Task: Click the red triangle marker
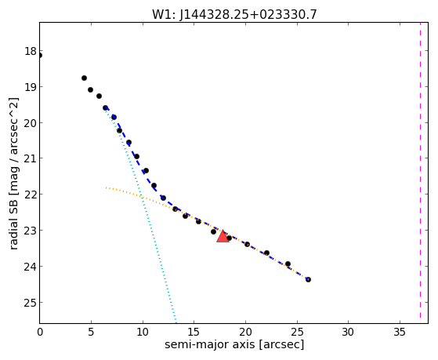pyautogui.click(x=223, y=236)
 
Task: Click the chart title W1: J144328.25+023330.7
pyautogui.click(x=234, y=14)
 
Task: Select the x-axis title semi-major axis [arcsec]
pyautogui.click(x=234, y=344)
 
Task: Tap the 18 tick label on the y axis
pyautogui.click(x=31, y=52)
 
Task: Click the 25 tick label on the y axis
pyautogui.click(x=31, y=303)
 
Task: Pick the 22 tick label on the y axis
pyautogui.click(x=31, y=195)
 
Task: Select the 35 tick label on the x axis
pyautogui.click(x=400, y=332)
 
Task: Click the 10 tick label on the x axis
pyautogui.click(x=143, y=332)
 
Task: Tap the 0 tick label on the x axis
pyautogui.click(x=40, y=332)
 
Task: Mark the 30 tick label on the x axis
pyautogui.click(x=348, y=332)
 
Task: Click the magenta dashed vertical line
pyautogui.click(x=420, y=173)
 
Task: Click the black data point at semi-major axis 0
pyautogui.click(x=40, y=56)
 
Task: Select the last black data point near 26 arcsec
pyautogui.click(x=308, y=279)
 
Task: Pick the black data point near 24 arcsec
pyautogui.click(x=288, y=264)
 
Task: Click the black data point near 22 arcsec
pyautogui.click(x=266, y=253)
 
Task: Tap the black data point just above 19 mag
pyautogui.click(x=84, y=78)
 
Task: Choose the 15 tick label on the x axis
pyautogui.click(x=194, y=332)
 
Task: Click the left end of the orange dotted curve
pyautogui.click(x=106, y=187)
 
